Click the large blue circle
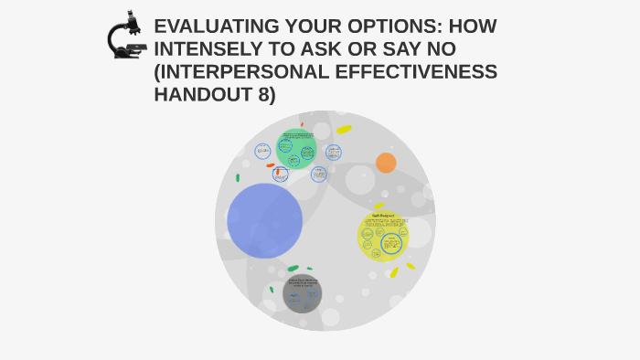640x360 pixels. [264, 220]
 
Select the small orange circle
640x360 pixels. [386, 163]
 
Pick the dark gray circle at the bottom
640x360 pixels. [302, 292]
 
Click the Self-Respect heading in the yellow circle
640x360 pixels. [382, 216]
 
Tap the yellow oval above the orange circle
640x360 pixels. [344, 130]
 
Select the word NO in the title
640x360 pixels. [436, 49]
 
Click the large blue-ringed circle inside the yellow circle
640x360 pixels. [392, 244]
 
